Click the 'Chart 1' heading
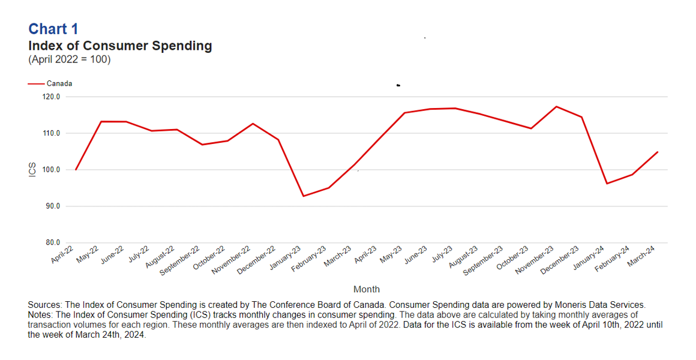[x=53, y=29]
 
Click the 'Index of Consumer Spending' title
[x=120, y=46]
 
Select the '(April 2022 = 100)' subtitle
[x=70, y=59]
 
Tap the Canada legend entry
[x=59, y=84]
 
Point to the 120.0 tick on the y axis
[x=52, y=97]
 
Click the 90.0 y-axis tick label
[x=52, y=206]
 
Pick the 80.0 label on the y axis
[x=52, y=243]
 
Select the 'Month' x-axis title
[x=366, y=289]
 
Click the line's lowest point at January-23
[x=303, y=196]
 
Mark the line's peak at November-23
[x=556, y=107]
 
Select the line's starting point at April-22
[x=76, y=170]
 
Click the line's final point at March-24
[x=658, y=152]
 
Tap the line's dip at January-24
[x=607, y=184]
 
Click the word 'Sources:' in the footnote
[x=45, y=305]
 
